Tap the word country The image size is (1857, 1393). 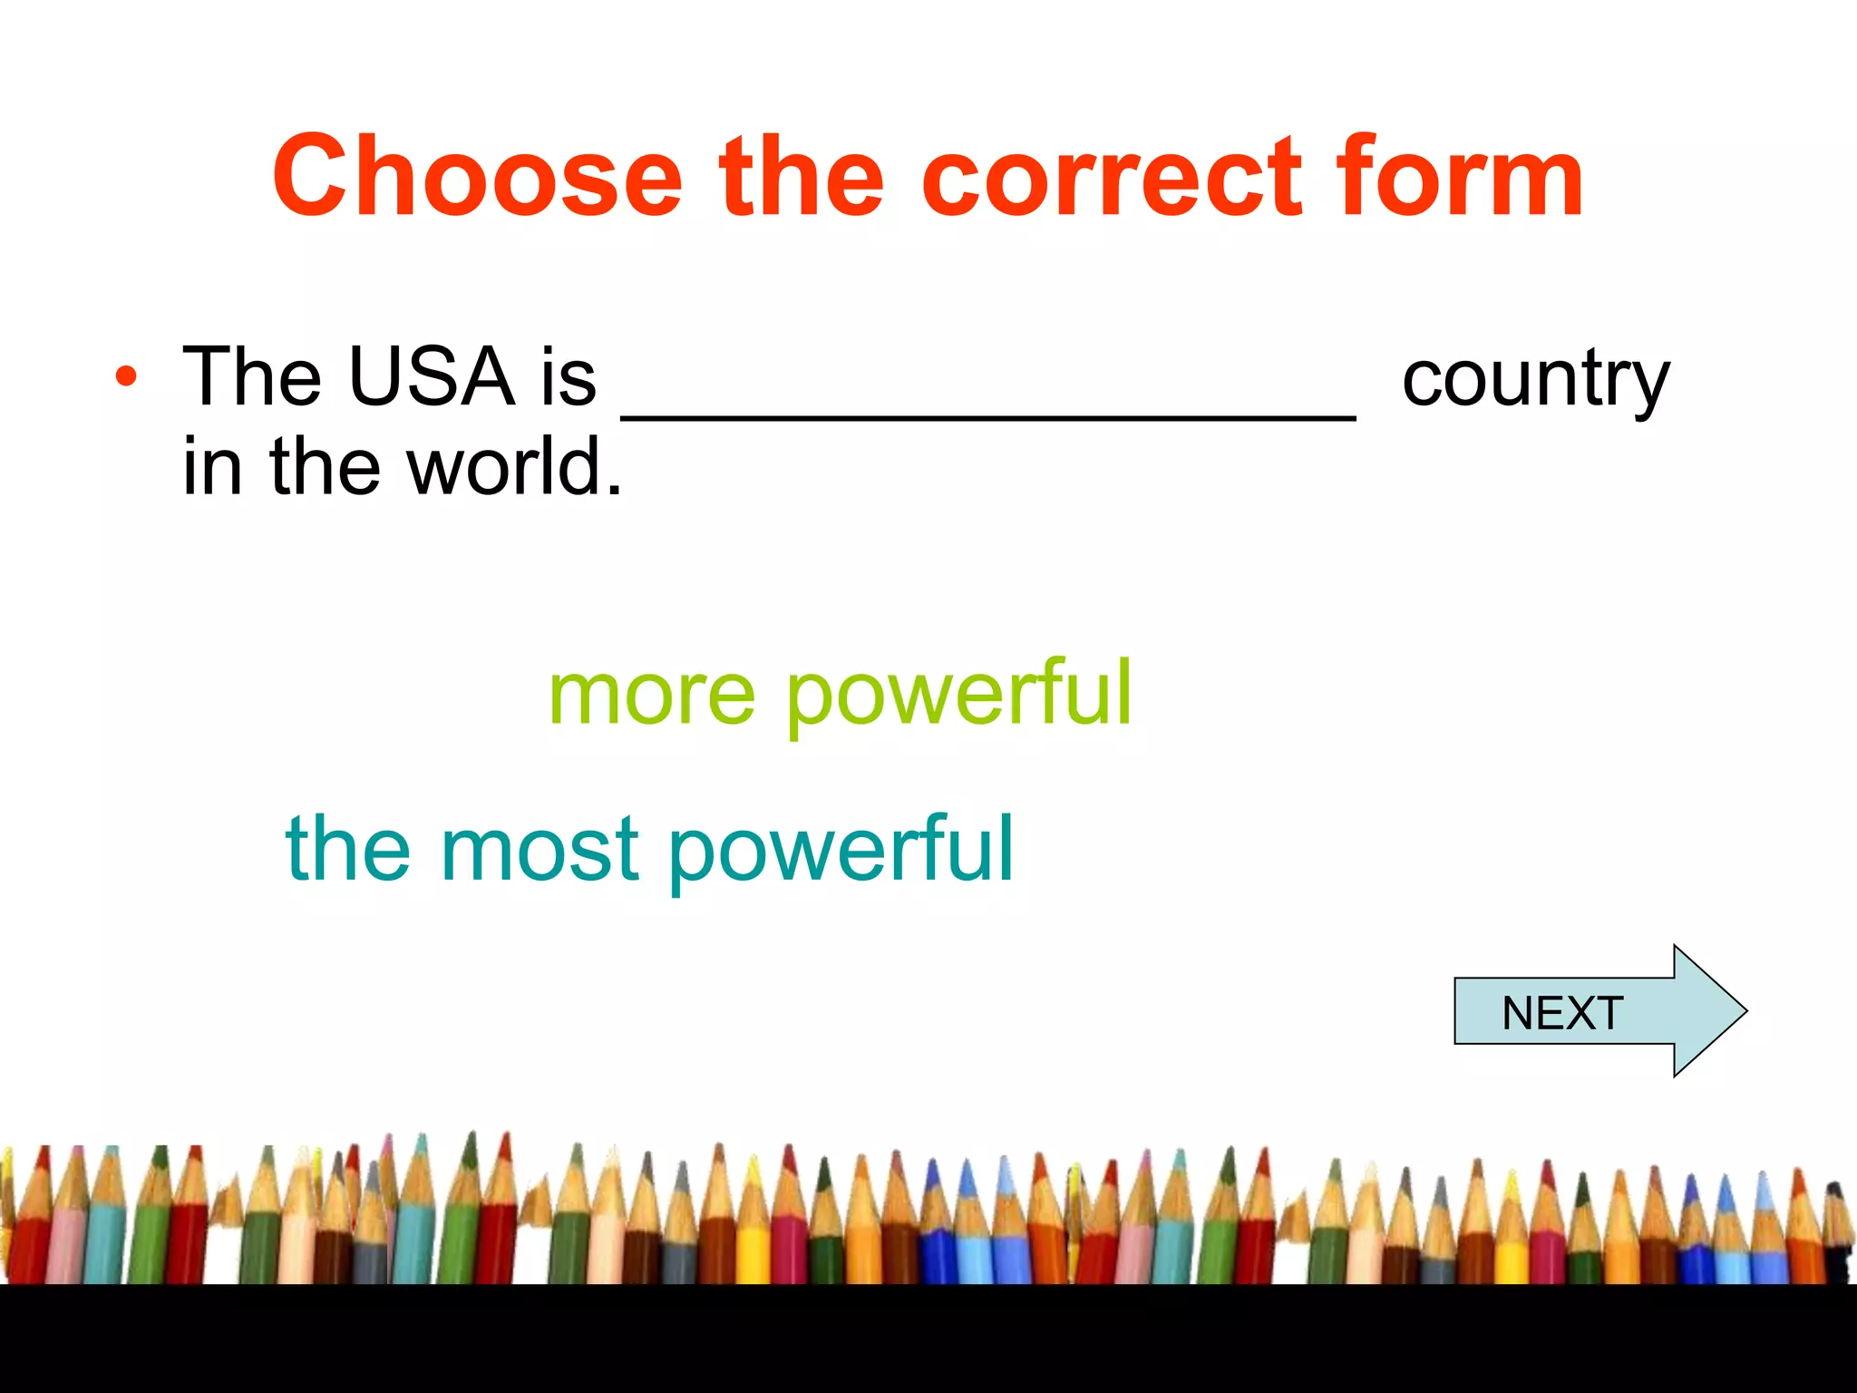click(x=1535, y=379)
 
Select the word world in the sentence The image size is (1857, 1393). click(x=515, y=466)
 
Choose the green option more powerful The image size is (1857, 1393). click(x=841, y=694)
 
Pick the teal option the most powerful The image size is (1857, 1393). click(x=650, y=850)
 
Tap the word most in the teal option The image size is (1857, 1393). click(x=540, y=850)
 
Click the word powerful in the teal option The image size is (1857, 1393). click(x=841, y=850)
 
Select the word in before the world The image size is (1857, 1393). click(x=212, y=466)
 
